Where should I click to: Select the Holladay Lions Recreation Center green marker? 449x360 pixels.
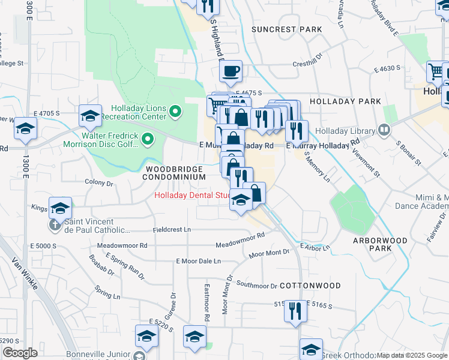[175, 111]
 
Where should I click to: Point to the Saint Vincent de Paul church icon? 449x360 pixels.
[55, 225]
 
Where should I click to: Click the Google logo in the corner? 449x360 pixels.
[19, 353]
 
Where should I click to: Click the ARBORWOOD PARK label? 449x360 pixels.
[380, 244]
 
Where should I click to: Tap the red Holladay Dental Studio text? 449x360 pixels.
[192, 195]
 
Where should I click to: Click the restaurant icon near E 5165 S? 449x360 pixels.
[294, 311]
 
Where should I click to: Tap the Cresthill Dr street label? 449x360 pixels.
[308, 63]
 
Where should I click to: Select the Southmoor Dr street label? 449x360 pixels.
[256, 284]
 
